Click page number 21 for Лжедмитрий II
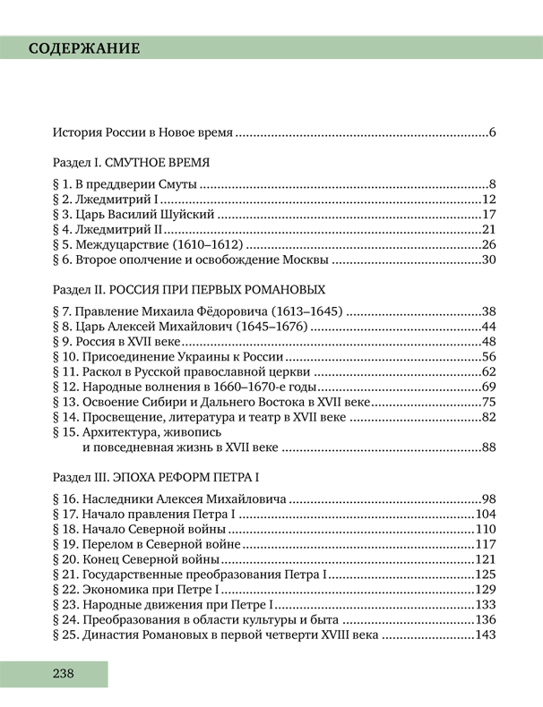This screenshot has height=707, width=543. [488, 230]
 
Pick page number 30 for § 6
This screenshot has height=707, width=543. [488, 260]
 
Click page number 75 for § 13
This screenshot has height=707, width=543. [488, 403]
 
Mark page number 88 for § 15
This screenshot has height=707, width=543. [488, 447]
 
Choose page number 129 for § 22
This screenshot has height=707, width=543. [485, 590]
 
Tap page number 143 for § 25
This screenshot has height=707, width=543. [485, 635]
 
